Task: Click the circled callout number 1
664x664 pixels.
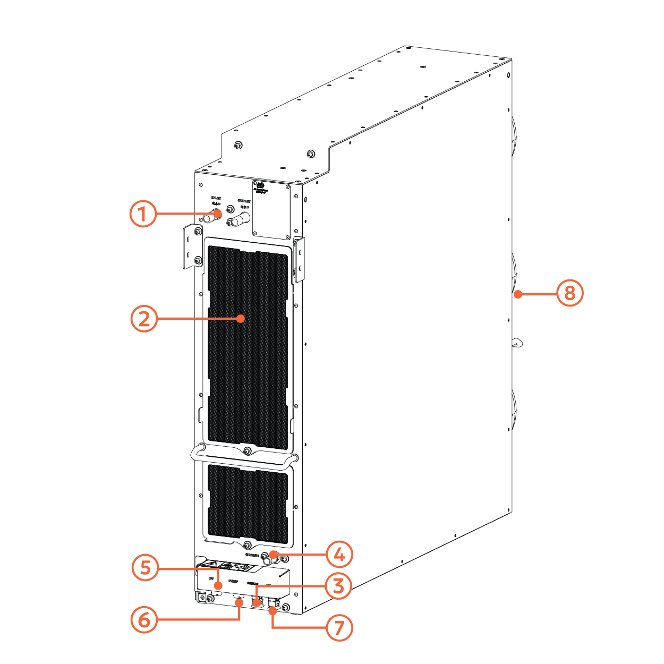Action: coord(143,214)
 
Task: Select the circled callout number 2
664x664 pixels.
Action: coord(144,319)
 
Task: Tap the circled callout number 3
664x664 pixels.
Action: coord(338,586)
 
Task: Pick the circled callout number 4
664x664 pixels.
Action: coord(339,555)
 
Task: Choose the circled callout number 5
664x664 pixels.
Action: coord(145,568)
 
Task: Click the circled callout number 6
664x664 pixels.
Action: coord(144,619)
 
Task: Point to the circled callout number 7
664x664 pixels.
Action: coord(339,628)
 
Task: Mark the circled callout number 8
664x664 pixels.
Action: coord(569,293)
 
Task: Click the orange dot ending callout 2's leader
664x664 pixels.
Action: coord(241,319)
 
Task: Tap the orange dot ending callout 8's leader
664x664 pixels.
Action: coord(518,294)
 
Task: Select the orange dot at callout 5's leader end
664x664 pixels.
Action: coord(218,585)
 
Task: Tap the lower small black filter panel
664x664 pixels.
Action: coord(248,502)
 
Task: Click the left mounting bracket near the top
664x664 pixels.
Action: coord(192,246)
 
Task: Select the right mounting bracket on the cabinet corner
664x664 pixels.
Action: coord(299,259)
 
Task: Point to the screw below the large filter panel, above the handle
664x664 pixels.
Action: coord(248,451)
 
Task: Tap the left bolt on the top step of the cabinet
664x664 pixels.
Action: coord(238,144)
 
